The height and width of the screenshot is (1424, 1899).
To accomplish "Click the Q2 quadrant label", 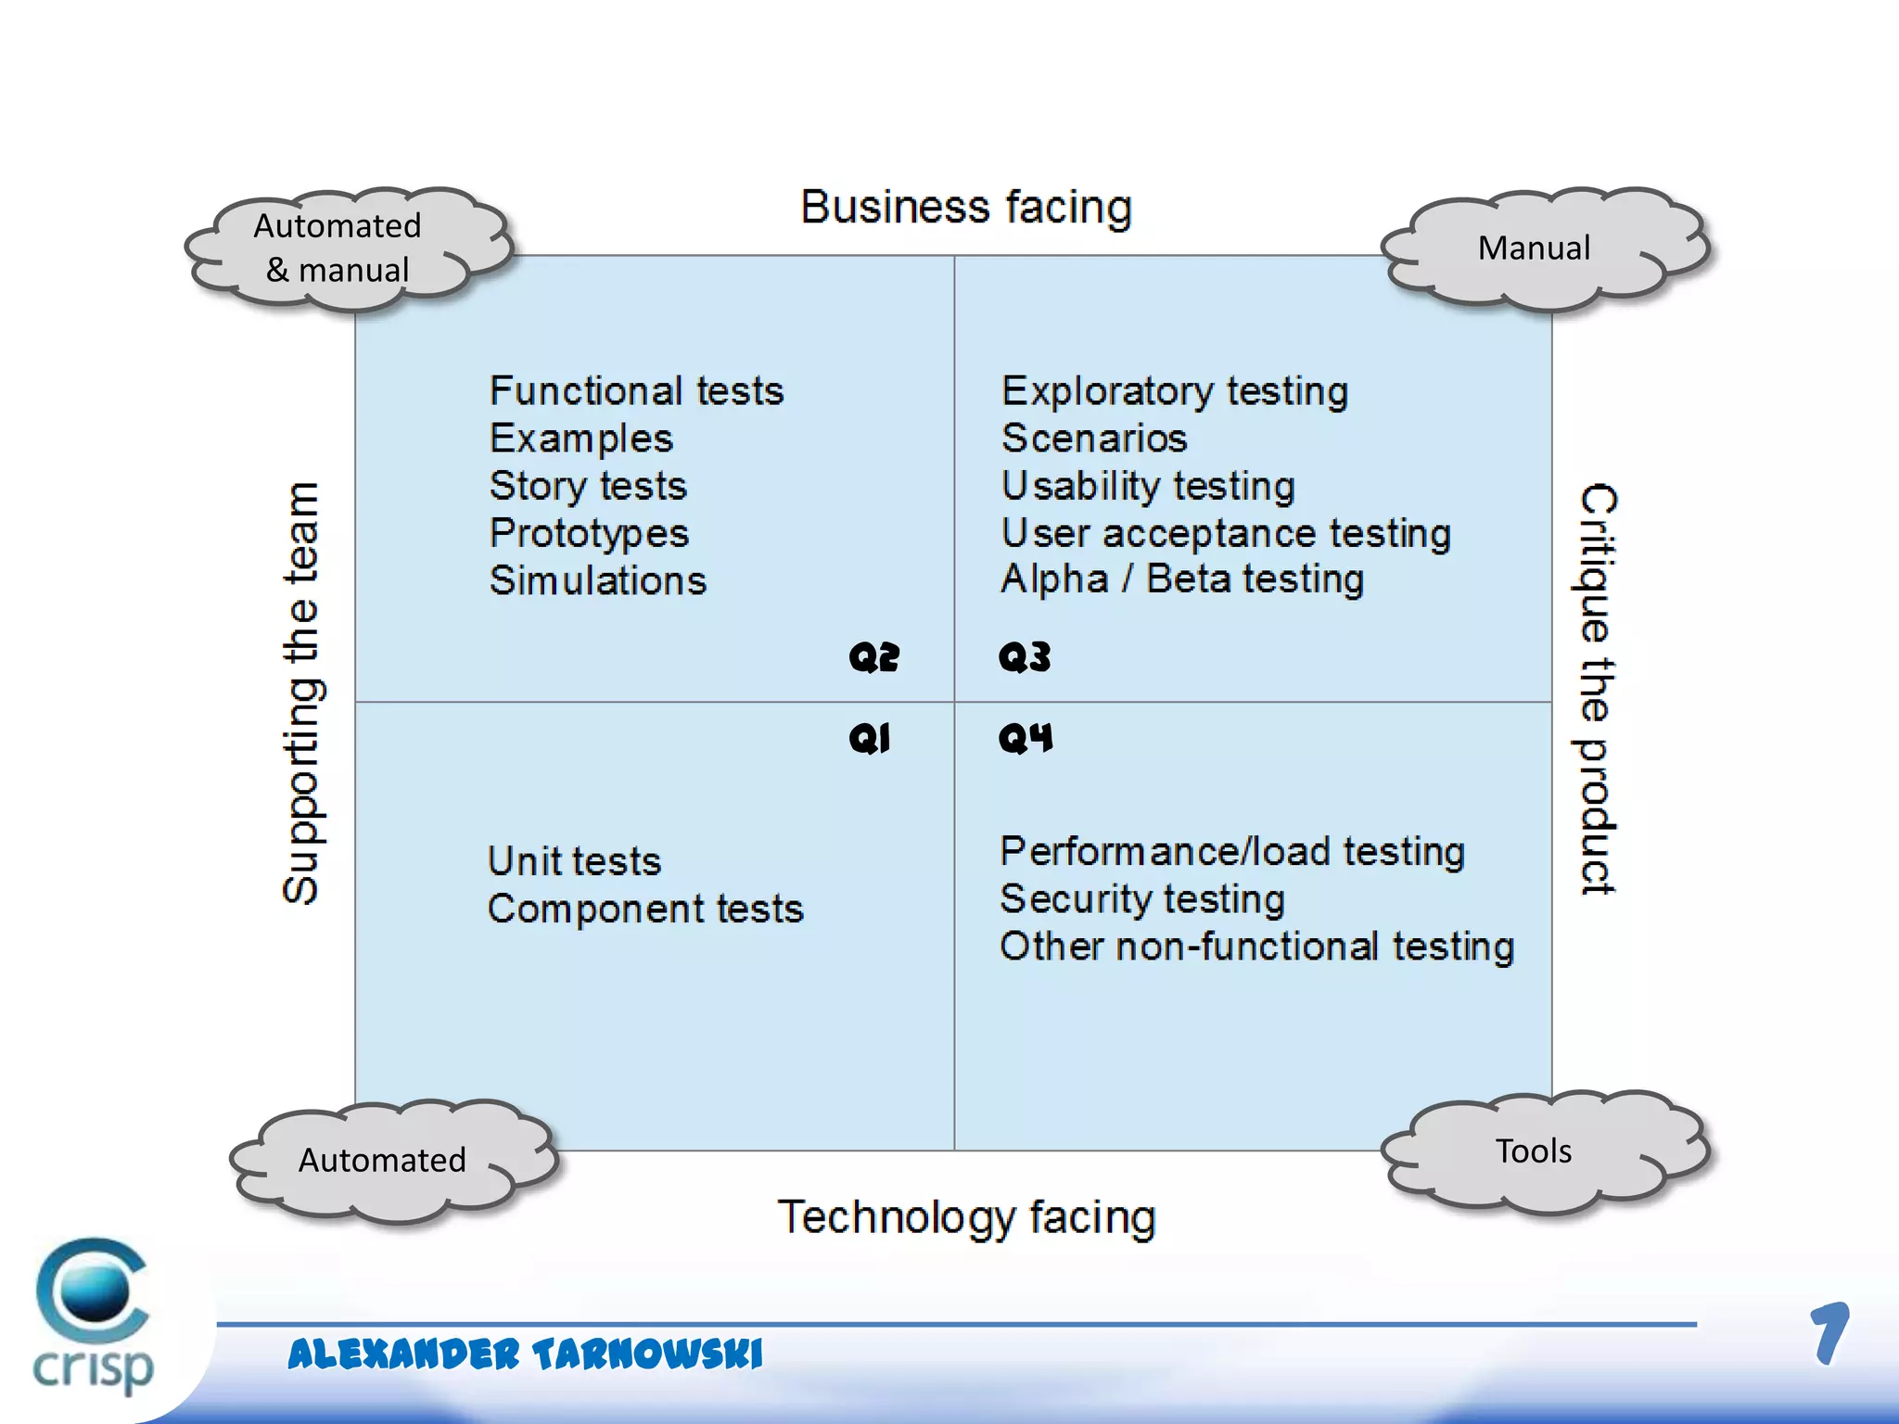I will pos(873,657).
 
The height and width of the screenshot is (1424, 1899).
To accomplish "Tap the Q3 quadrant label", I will pos(1025,657).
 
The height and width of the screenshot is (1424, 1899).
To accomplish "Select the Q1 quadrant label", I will pos(870,739).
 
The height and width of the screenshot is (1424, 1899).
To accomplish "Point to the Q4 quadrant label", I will pos(1026,739).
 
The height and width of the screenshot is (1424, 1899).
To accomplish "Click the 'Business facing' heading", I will pos(966,208).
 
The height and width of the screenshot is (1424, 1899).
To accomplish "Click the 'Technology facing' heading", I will pos(966,1218).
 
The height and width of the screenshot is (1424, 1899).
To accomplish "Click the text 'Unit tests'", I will pos(574,861).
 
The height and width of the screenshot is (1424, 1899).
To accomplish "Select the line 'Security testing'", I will pos(1142,899).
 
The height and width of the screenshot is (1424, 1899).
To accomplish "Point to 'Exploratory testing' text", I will pos(1175,391).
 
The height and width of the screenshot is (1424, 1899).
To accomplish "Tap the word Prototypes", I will pos(589,533).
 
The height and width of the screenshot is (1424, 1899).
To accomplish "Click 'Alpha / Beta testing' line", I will pos(1182,579).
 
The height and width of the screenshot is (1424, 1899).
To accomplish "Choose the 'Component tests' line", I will pos(645,909).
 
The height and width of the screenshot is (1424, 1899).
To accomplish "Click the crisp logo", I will pos(93,1316).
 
